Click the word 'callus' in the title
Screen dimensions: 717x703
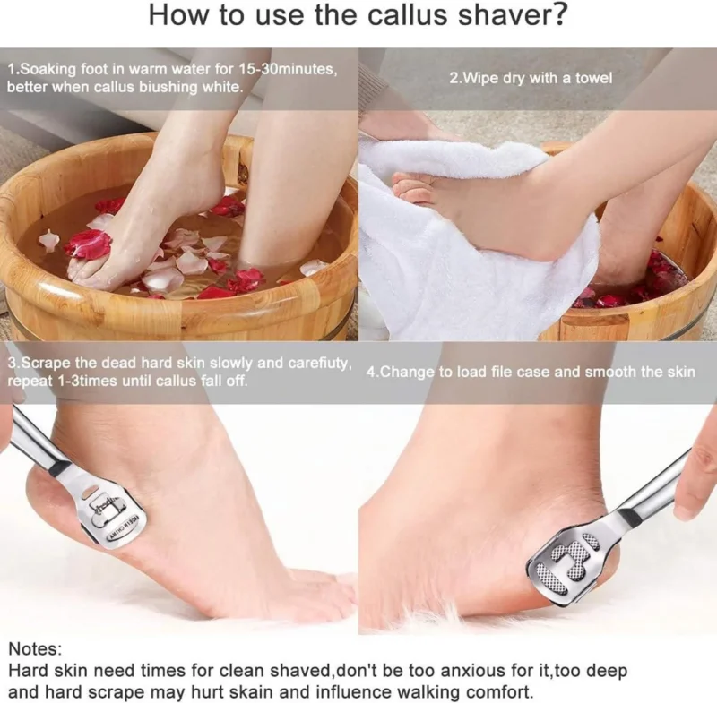coord(408,15)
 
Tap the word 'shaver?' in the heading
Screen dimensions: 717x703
coord(512,15)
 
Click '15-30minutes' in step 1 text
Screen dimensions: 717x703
coord(287,70)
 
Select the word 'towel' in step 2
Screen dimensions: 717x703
coord(594,78)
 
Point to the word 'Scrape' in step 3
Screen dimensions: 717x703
coord(46,364)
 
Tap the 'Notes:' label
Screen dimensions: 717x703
coord(35,648)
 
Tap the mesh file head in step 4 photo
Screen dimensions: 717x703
coord(573,562)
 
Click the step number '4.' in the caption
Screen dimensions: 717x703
coord(372,372)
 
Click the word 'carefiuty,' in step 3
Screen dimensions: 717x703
coord(320,364)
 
